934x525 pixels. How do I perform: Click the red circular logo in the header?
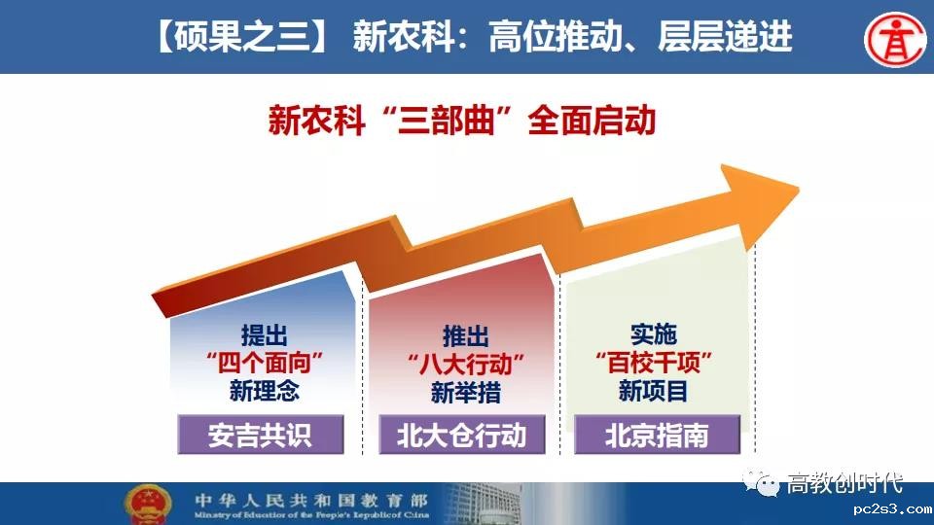click(x=895, y=39)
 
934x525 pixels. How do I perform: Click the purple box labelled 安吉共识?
click(x=261, y=435)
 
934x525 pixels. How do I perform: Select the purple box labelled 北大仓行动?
click(x=461, y=435)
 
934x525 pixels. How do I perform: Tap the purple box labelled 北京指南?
click(x=657, y=435)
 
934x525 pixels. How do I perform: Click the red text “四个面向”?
click(x=264, y=363)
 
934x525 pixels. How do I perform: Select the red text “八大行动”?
click(x=466, y=364)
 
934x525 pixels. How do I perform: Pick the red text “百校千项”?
click(x=654, y=363)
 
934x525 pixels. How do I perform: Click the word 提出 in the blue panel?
click(x=264, y=335)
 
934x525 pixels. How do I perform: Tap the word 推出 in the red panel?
click(x=466, y=336)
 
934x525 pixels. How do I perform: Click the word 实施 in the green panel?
click(x=654, y=334)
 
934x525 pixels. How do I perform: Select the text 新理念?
click(x=264, y=391)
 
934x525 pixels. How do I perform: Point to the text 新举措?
click(x=466, y=392)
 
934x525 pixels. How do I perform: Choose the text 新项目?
click(x=654, y=391)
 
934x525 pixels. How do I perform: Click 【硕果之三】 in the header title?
click(x=241, y=36)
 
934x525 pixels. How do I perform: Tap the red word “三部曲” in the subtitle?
click(x=447, y=121)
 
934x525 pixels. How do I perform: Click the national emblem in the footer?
click(x=147, y=505)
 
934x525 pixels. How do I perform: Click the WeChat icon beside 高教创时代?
click(x=761, y=482)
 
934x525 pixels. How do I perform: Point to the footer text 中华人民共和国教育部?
click(x=311, y=500)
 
